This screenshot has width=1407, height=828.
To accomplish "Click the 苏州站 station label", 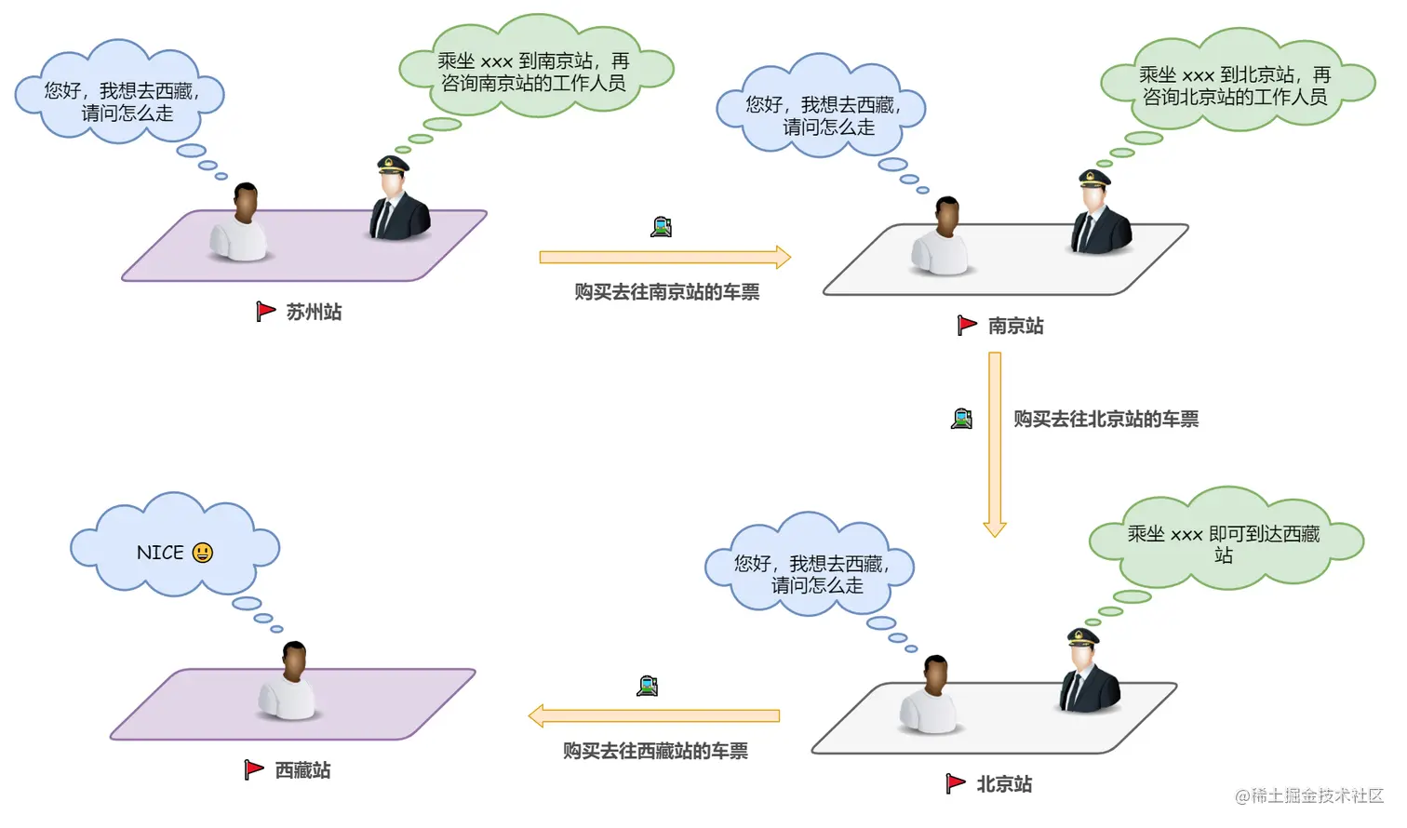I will [314, 313].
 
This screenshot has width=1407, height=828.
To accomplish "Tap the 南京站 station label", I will [1015, 327].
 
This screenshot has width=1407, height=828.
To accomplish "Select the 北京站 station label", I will [1004, 785].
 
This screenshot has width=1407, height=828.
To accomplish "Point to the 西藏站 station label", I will [302, 771].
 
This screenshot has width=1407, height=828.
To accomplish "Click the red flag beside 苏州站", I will [265, 312].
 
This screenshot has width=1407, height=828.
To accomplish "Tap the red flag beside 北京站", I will [955, 784].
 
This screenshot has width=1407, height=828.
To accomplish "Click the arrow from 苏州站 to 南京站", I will [664, 258].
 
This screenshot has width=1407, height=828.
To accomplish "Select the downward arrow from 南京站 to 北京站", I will [995, 444].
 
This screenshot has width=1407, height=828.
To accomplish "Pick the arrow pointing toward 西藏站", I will [653, 716].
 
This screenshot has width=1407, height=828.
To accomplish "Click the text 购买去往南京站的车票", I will [666, 293].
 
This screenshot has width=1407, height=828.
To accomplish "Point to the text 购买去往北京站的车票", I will [1105, 420].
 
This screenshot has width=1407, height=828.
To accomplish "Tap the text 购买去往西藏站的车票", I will [655, 752].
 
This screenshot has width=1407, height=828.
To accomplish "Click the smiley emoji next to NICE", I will [203, 554].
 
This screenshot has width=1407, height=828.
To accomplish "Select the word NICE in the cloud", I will [160, 554].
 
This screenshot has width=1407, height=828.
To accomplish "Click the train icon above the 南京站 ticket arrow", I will [662, 227].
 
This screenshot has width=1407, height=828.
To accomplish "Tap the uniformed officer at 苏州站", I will [398, 202].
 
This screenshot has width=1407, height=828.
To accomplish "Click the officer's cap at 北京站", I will [1082, 637].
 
